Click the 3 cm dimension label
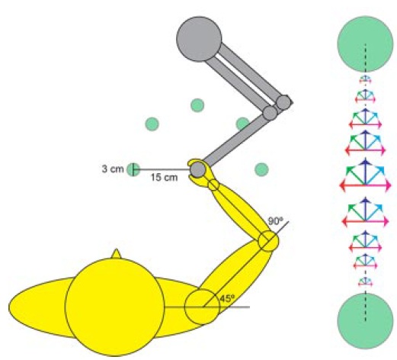[113, 169]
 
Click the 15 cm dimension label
[164, 177]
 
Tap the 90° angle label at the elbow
[275, 221]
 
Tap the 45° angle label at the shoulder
[227, 299]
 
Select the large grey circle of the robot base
[199, 39]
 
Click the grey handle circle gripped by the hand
[197, 169]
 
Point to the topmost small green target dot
[197, 105]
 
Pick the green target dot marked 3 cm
[133, 169]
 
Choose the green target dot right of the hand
[261, 169]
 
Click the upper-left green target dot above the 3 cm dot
[152, 124]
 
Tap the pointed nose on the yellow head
[117, 253]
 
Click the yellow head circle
[115, 307]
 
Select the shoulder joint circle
[202, 307]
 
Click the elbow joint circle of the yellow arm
[268, 241]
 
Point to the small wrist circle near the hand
[213, 185]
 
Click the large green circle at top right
[365, 43]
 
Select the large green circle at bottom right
[365, 321]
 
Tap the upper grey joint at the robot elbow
[283, 102]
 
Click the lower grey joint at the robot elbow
[270, 113]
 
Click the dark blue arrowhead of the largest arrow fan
[365, 162]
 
